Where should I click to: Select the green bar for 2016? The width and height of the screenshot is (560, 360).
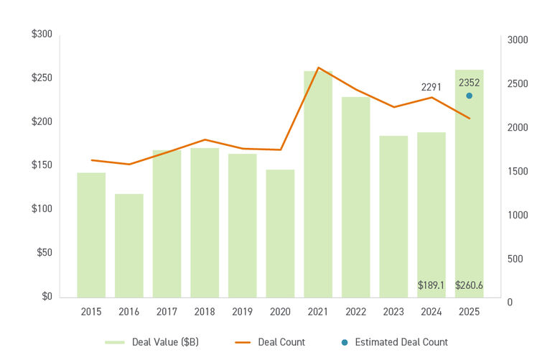pos(129,245)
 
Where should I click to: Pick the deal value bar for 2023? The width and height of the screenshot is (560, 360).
pos(393,216)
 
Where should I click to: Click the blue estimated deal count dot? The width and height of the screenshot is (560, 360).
pos(469,96)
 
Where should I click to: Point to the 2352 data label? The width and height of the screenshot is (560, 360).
pos(469,83)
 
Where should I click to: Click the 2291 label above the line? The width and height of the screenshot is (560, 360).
pos(431,87)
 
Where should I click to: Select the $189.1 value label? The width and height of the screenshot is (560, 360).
pos(431,285)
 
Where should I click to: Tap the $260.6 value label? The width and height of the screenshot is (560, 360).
pos(469,285)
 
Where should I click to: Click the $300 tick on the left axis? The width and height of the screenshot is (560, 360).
pos(42,34)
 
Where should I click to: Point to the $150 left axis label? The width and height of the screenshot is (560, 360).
pos(42,165)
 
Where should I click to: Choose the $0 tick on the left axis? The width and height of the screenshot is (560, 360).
pos(47,296)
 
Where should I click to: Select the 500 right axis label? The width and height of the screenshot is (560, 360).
pos(515,259)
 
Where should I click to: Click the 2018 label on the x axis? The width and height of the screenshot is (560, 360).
pos(205,312)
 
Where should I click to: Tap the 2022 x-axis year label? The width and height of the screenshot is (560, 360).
pos(355,312)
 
